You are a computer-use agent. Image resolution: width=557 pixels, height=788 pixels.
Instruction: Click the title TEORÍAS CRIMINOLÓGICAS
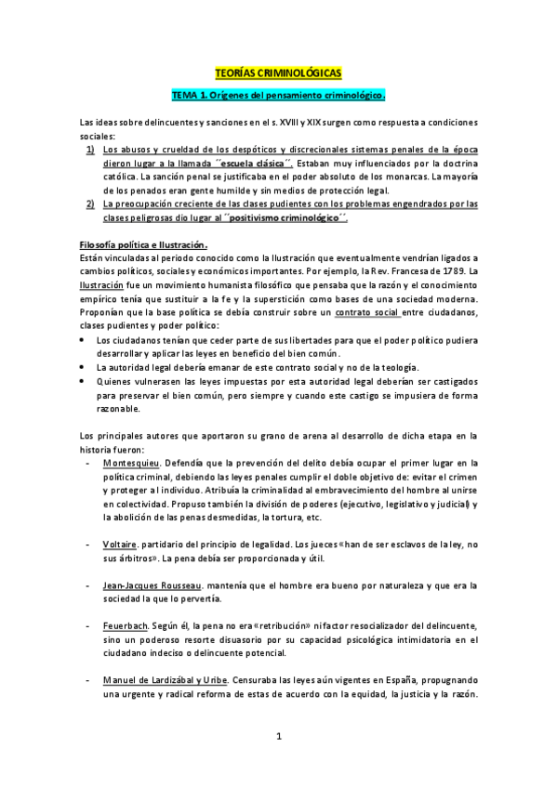coord(278,72)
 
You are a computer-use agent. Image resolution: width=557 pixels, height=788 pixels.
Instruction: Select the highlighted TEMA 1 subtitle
coord(278,96)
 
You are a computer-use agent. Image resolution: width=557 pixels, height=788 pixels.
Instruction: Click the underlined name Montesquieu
coord(132,462)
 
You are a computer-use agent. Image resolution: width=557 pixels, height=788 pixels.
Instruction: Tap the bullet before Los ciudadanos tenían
coord(86,341)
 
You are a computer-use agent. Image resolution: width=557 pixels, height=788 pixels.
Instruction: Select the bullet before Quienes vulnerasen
coord(86,381)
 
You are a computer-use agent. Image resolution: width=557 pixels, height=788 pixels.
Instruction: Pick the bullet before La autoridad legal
coord(86,368)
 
